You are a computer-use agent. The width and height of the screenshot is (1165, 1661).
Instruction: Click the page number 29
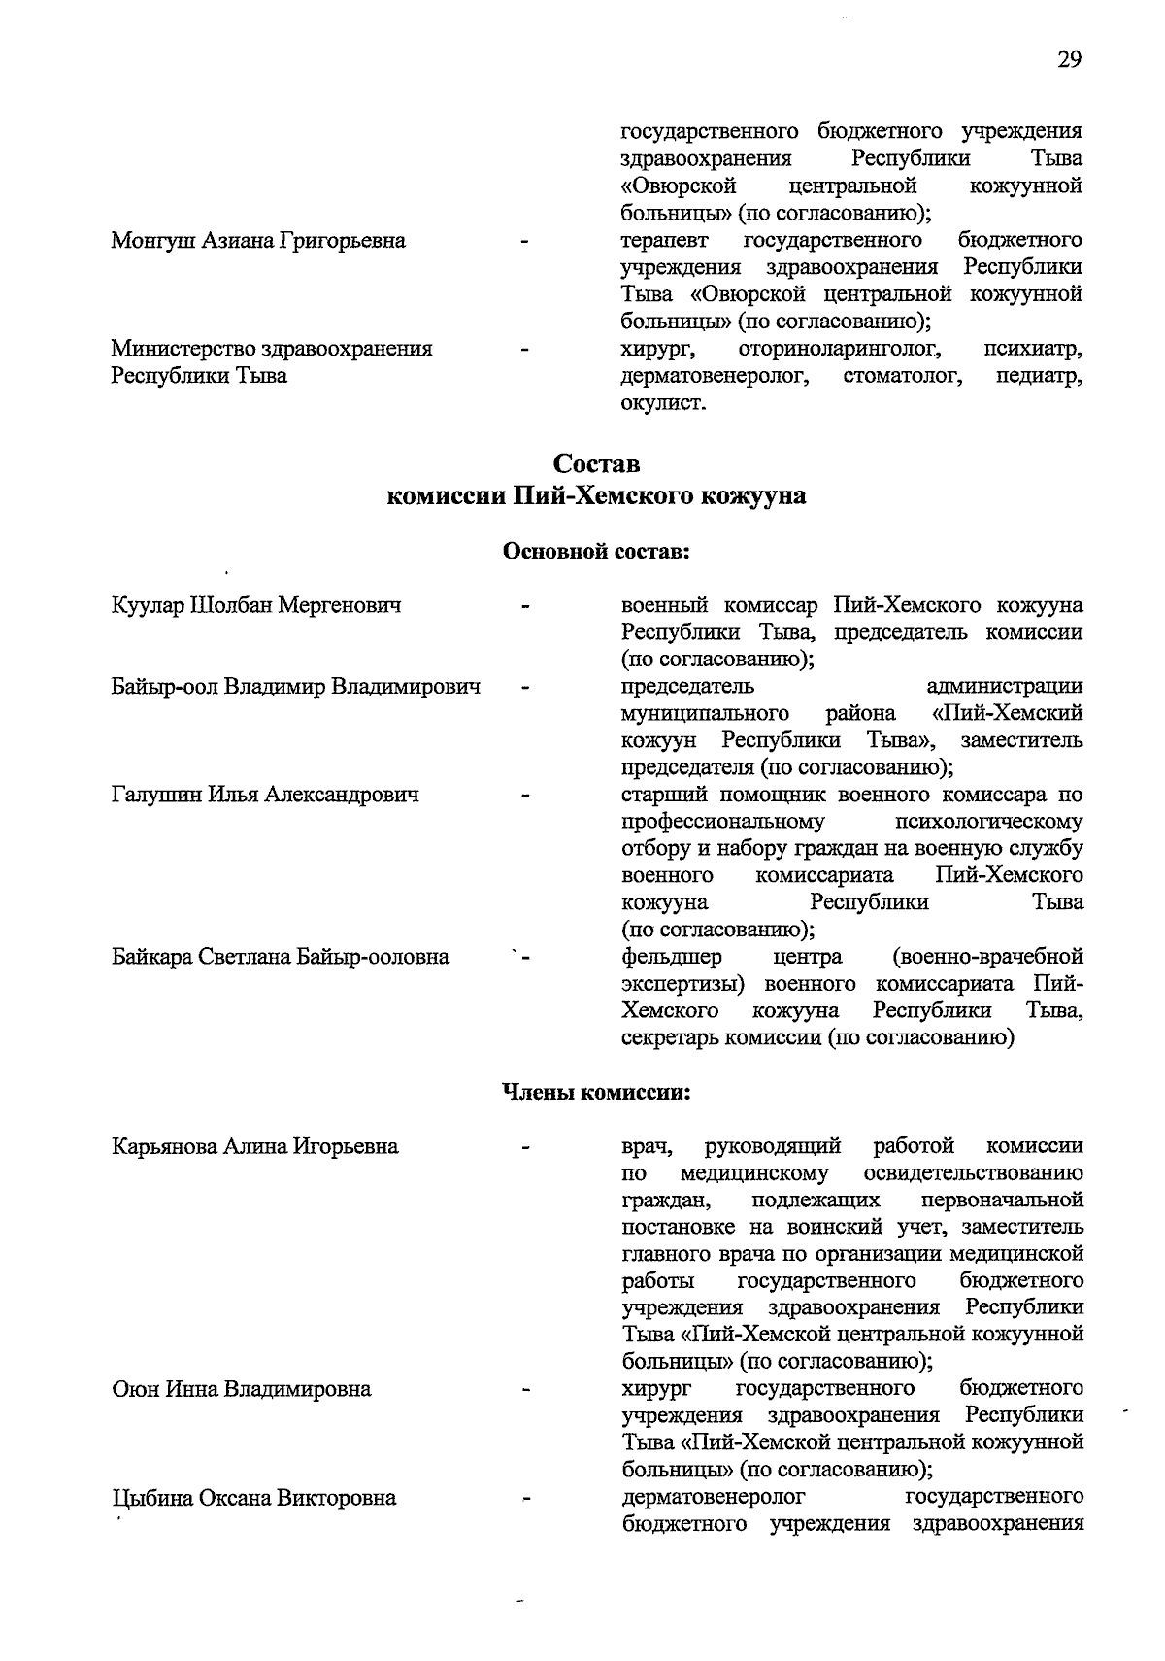coord(1069,60)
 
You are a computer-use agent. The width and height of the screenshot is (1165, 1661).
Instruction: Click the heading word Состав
coord(596,463)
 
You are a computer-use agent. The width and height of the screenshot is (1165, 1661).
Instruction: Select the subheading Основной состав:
coord(596,552)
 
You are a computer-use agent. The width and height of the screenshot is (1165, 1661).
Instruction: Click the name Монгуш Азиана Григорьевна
coord(258,240)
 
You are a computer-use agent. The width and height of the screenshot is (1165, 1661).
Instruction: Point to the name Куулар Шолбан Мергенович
coord(256,606)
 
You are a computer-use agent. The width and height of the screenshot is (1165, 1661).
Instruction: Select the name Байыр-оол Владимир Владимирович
coord(296,687)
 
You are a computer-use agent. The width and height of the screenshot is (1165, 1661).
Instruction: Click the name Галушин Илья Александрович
coord(265,795)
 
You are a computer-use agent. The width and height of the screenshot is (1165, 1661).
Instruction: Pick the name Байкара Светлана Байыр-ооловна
coord(281,957)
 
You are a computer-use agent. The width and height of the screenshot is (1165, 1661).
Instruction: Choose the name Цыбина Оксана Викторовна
coord(254,1497)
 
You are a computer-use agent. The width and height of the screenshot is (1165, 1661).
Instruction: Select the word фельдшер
coord(671,957)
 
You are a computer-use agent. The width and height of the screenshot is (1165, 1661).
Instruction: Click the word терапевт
coord(665,240)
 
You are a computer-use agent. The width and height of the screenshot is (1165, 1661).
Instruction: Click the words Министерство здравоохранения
coord(272,348)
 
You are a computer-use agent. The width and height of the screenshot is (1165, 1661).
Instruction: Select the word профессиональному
coord(723,822)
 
